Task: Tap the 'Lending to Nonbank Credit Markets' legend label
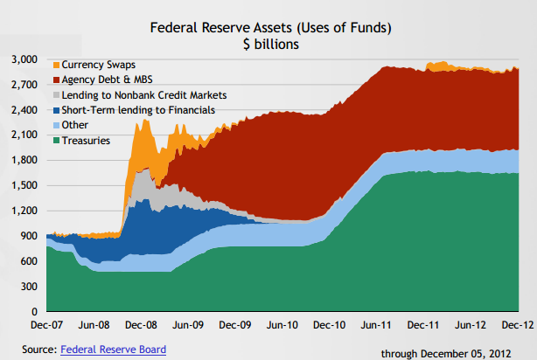(145, 95)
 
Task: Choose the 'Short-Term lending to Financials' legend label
(140, 109)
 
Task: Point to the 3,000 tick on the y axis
(24, 59)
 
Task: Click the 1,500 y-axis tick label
(24, 185)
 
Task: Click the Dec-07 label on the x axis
(47, 325)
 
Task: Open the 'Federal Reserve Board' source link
(112, 350)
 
